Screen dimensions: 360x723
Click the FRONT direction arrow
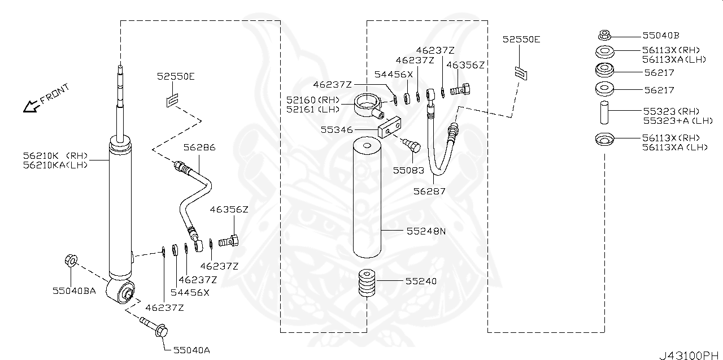tap(29, 106)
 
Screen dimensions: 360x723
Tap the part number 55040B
tap(661, 35)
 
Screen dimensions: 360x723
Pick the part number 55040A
tap(191, 350)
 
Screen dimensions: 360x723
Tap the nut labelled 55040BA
tap(71, 261)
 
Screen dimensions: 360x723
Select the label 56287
tap(429, 191)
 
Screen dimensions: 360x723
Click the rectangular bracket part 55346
tap(390, 127)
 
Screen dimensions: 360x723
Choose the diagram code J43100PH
tap(689, 355)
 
